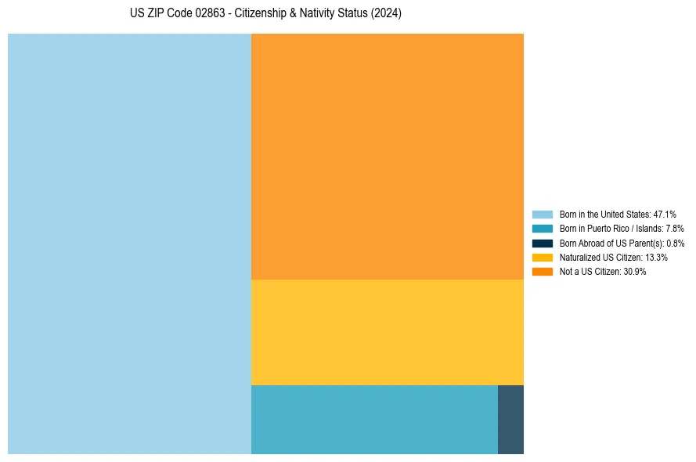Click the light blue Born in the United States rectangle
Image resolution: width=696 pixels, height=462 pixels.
[129, 244]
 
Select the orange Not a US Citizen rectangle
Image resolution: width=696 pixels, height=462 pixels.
[387, 156]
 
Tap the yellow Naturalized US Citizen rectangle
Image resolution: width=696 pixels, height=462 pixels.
[387, 332]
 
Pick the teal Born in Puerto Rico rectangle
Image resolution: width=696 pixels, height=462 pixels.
[374, 419]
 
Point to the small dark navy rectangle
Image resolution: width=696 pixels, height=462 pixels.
[510, 419]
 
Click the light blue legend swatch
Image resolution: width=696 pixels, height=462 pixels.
[542, 214]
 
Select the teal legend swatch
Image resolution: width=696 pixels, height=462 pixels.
[542, 229]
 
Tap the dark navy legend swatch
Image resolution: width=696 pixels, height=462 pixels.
[542, 243]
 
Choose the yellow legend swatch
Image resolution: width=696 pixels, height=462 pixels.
[542, 257]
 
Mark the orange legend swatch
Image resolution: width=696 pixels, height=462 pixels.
[542, 272]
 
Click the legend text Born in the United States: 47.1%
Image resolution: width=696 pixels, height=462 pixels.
[618, 214]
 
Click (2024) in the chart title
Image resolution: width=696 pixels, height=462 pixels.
[386, 14]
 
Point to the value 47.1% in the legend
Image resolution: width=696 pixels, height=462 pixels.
[665, 214]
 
